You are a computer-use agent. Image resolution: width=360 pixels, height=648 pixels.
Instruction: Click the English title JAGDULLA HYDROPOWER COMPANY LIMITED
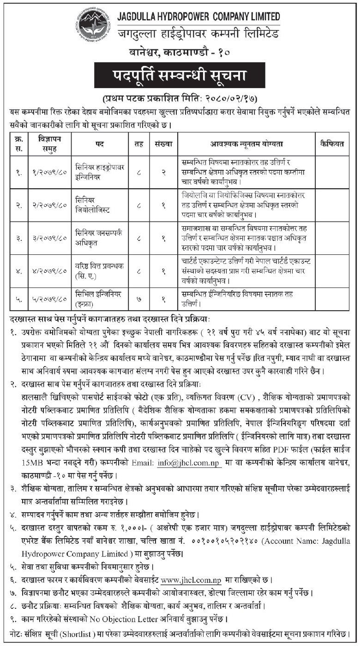(x=198, y=17)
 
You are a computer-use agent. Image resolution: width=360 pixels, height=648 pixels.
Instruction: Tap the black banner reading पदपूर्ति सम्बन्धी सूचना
(x=180, y=75)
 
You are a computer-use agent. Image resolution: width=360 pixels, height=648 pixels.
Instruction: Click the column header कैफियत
(x=332, y=144)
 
